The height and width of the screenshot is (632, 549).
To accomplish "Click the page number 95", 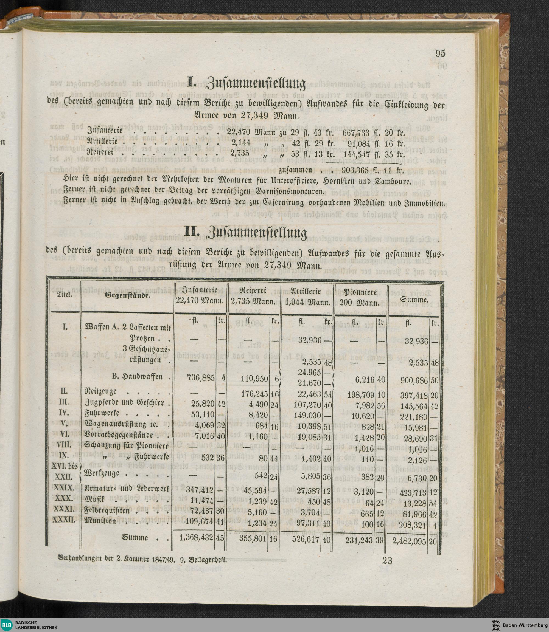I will coord(440,53).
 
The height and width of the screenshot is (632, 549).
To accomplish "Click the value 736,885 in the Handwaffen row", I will coord(201,378).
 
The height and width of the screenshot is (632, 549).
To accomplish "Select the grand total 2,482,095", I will coord(409,542).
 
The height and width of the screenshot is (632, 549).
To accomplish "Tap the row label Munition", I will coord(100,521).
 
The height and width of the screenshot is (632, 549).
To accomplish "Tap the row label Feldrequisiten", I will coord(106,511).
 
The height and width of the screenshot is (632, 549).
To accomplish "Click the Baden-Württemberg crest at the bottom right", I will coord(495,625).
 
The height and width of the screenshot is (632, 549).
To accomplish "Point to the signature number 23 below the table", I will coord(387,561).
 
